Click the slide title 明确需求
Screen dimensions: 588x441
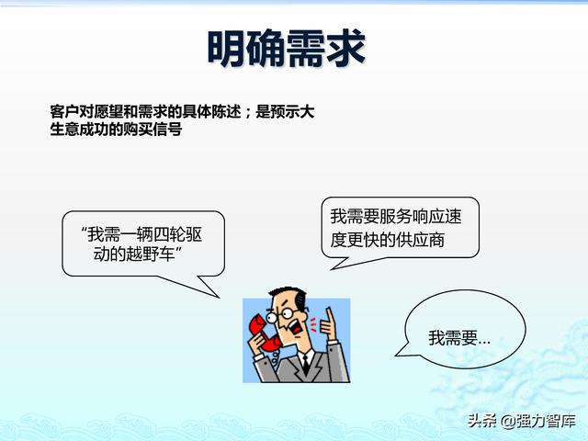(x=287, y=49)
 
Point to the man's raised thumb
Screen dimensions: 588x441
(x=330, y=316)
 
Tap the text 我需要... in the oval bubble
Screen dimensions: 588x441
(x=459, y=338)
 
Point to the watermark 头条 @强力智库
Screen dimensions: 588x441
(x=522, y=421)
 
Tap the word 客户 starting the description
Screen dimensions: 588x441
(x=64, y=112)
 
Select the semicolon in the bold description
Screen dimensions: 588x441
(x=248, y=112)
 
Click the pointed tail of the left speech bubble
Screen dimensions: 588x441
(x=219, y=298)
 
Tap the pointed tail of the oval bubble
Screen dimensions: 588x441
(x=396, y=356)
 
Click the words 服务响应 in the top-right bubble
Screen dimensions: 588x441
(x=412, y=217)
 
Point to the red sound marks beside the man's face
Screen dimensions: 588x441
(x=313, y=324)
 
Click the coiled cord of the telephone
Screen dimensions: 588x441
(x=276, y=357)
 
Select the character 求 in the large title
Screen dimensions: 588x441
(x=346, y=49)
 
